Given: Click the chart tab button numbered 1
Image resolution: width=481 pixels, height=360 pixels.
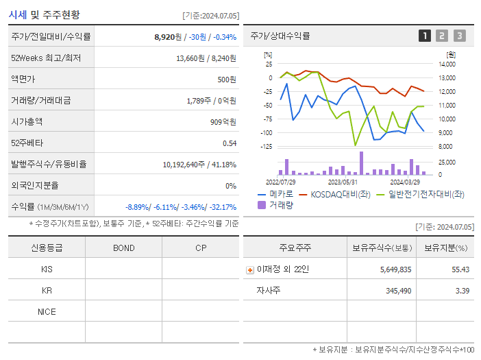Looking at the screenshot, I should coord(425,36).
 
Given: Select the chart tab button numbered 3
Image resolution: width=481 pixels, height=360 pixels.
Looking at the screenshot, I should coord(459,36).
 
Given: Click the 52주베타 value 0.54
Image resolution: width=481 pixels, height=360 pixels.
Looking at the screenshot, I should coord(229,143).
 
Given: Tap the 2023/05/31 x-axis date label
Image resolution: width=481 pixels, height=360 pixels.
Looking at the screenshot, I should coord(343,182).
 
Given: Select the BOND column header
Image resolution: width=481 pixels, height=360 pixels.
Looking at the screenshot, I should coord(123,248).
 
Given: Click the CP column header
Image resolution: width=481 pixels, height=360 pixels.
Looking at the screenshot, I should coord(200,248).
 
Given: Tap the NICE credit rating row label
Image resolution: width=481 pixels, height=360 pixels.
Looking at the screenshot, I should coord(47,311).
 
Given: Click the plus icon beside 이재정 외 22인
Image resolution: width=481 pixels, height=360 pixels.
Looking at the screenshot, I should coord(249,269).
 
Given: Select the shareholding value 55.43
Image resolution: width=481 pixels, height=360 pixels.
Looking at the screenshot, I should coord(460,269).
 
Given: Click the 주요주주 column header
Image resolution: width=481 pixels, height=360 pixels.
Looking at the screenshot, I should coord(295,248).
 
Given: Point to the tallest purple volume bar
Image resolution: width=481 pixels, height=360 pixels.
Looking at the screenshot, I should coord(361,163).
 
